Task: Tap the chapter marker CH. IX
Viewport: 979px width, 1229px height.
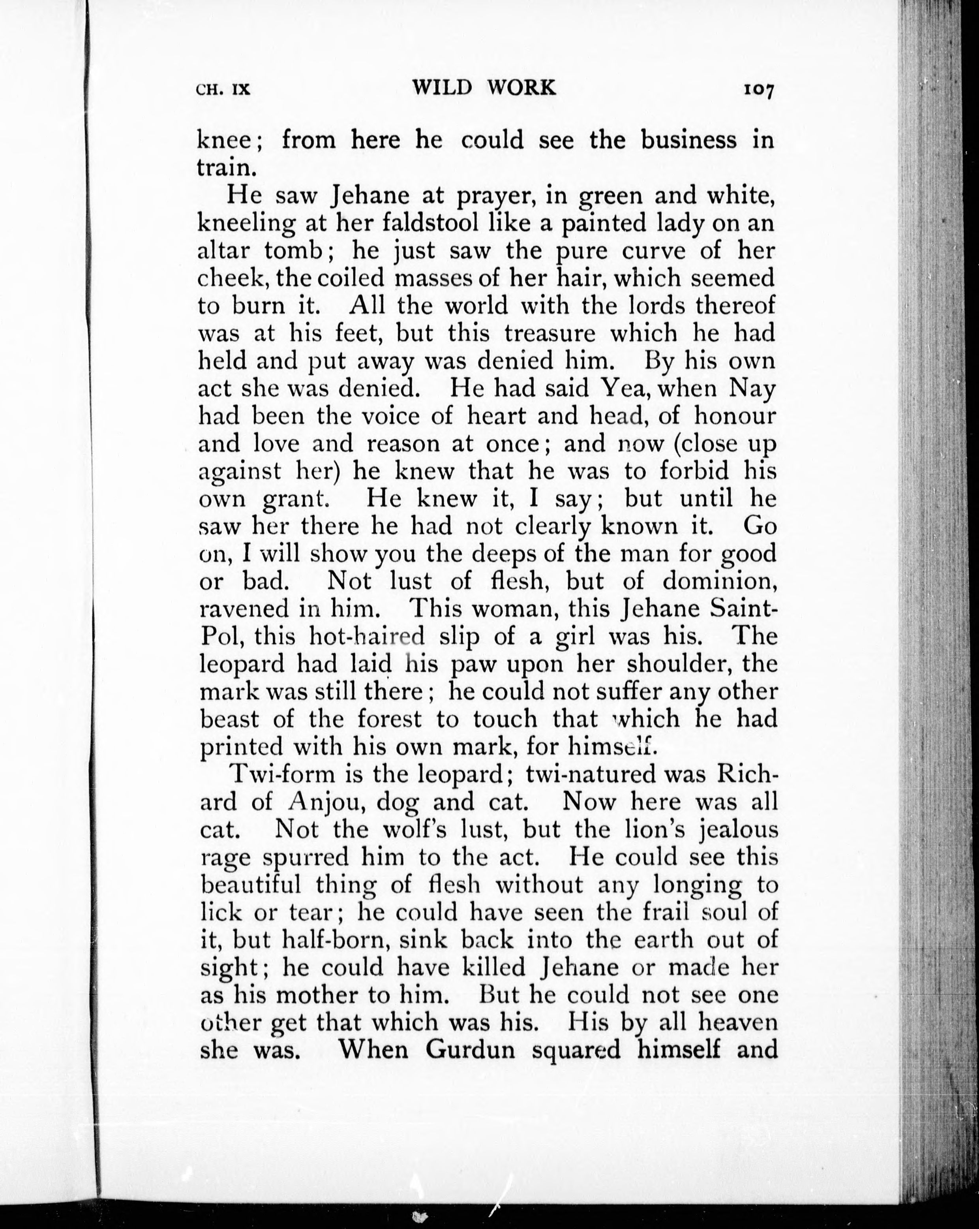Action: (x=223, y=90)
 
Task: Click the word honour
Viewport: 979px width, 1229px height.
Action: (x=735, y=416)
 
